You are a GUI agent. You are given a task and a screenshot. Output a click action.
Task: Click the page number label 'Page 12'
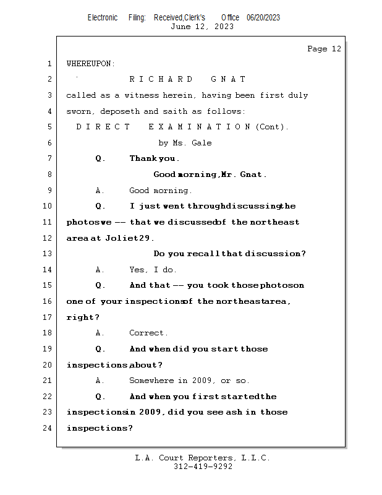coord(324,49)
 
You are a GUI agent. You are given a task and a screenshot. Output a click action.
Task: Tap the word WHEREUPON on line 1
coord(90,64)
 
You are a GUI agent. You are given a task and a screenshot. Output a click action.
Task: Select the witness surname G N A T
coord(228,79)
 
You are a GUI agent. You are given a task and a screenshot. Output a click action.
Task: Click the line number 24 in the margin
coord(49,428)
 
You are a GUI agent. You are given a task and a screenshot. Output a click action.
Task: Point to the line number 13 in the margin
coord(49,254)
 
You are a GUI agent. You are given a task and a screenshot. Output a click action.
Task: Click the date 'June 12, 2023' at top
coord(202,27)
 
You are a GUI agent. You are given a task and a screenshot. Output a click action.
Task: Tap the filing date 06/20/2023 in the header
coord(263,17)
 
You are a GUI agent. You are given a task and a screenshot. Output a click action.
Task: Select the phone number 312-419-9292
coord(202,467)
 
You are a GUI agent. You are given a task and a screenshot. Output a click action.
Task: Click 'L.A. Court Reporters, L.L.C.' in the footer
coord(202,458)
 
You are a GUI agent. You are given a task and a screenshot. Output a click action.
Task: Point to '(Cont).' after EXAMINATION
coord(272,127)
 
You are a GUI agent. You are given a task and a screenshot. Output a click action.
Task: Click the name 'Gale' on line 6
coord(202,143)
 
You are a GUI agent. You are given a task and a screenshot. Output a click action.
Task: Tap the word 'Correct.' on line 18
coord(148,333)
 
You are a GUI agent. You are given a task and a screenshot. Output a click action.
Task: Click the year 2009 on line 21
coord(205,381)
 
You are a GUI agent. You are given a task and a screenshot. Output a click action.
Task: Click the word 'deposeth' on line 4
coord(123,111)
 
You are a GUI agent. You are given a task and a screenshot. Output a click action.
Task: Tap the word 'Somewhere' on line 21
coord(151,381)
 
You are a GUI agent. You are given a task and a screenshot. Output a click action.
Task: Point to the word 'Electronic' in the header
coord(103,17)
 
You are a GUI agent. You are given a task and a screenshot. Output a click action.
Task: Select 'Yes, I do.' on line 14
coord(153,270)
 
